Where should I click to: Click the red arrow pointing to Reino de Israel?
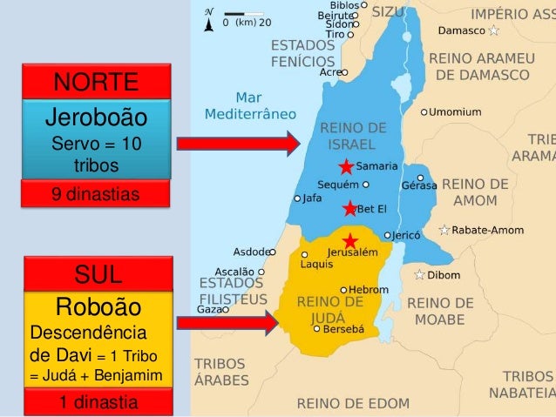(x=237, y=144)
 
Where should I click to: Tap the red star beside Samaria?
(x=347, y=167)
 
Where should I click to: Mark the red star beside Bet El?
(x=349, y=208)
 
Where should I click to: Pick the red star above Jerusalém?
(x=350, y=240)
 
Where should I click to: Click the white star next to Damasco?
(x=494, y=30)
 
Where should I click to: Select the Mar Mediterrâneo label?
(x=250, y=106)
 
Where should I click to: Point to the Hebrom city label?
(x=369, y=289)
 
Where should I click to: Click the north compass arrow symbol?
(x=207, y=21)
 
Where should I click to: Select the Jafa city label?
(x=313, y=198)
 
